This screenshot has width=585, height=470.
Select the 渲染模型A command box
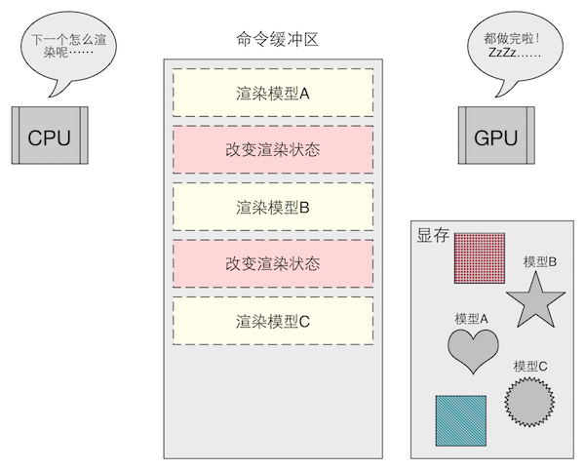[273, 95]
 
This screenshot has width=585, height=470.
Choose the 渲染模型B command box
[273, 207]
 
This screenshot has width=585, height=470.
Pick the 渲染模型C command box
[273, 320]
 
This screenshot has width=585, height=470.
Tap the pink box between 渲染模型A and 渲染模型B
[273, 150]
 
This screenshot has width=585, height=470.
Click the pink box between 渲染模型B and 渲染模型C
[273, 263]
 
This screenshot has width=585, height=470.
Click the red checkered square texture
[479, 257]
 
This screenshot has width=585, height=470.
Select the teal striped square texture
[460, 420]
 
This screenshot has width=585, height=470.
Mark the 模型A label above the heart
[472, 318]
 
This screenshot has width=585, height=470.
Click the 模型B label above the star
[540, 261]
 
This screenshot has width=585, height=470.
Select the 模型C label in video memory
[530, 366]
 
